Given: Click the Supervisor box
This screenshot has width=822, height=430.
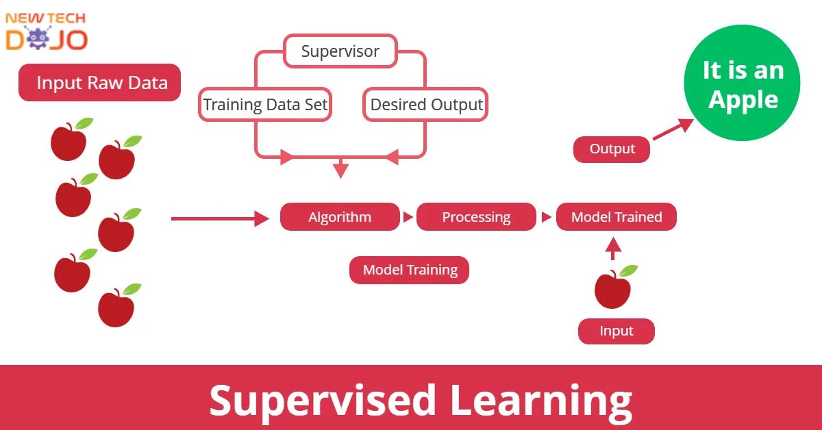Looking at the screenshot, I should [x=340, y=51].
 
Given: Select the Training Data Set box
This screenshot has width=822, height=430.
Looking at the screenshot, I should [x=265, y=105].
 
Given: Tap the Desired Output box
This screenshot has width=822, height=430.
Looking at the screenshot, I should [x=426, y=105].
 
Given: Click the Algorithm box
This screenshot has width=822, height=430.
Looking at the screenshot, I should [x=340, y=217].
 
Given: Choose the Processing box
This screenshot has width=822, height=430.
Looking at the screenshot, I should [x=476, y=217].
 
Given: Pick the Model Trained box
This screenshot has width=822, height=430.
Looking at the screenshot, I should [x=616, y=217].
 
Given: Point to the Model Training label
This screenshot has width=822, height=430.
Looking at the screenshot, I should [x=410, y=270].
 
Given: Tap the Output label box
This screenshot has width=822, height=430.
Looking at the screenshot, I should [x=612, y=149].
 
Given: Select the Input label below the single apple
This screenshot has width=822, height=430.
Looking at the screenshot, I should [x=616, y=331].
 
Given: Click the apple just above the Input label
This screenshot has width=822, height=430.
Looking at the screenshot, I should [x=613, y=289].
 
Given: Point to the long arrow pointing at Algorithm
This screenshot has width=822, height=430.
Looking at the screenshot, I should [x=219, y=218].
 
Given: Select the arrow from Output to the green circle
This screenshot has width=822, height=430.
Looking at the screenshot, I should [x=673, y=129].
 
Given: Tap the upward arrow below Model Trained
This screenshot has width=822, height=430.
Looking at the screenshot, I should [x=614, y=248].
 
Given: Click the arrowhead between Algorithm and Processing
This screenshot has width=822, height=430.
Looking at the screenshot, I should [x=408, y=218].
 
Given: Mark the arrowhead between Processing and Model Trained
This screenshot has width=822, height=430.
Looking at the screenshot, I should [x=546, y=218].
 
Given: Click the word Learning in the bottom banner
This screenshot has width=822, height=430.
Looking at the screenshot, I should [x=540, y=400].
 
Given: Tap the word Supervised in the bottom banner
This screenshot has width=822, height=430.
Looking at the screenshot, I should [x=322, y=400].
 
